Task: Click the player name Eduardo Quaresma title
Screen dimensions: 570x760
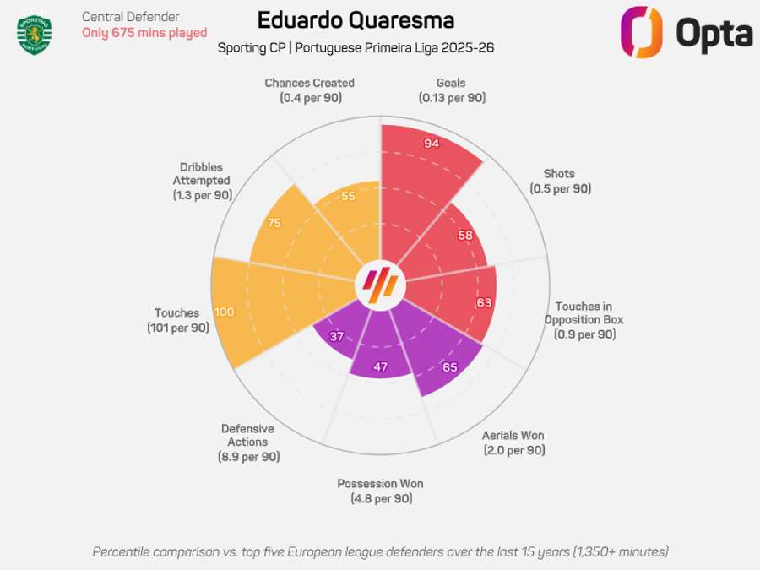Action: click(x=356, y=20)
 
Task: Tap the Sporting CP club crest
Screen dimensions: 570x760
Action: click(x=35, y=33)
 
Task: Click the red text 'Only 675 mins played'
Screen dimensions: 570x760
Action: click(x=144, y=33)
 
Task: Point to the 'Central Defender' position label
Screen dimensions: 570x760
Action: click(x=130, y=16)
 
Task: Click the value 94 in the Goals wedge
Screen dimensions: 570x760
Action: click(x=432, y=144)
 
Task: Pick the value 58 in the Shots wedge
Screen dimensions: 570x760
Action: click(x=465, y=236)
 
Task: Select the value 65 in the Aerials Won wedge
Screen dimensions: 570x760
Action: click(x=450, y=367)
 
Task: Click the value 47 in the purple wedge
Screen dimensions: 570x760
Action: click(x=380, y=367)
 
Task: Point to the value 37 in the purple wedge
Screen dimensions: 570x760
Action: click(x=337, y=337)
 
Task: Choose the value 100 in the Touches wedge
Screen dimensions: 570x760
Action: click(x=225, y=312)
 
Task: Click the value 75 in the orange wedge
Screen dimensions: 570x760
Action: click(x=273, y=223)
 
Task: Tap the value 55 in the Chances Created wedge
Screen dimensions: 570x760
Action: click(x=348, y=197)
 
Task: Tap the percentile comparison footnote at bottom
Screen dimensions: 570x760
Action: click(x=380, y=551)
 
